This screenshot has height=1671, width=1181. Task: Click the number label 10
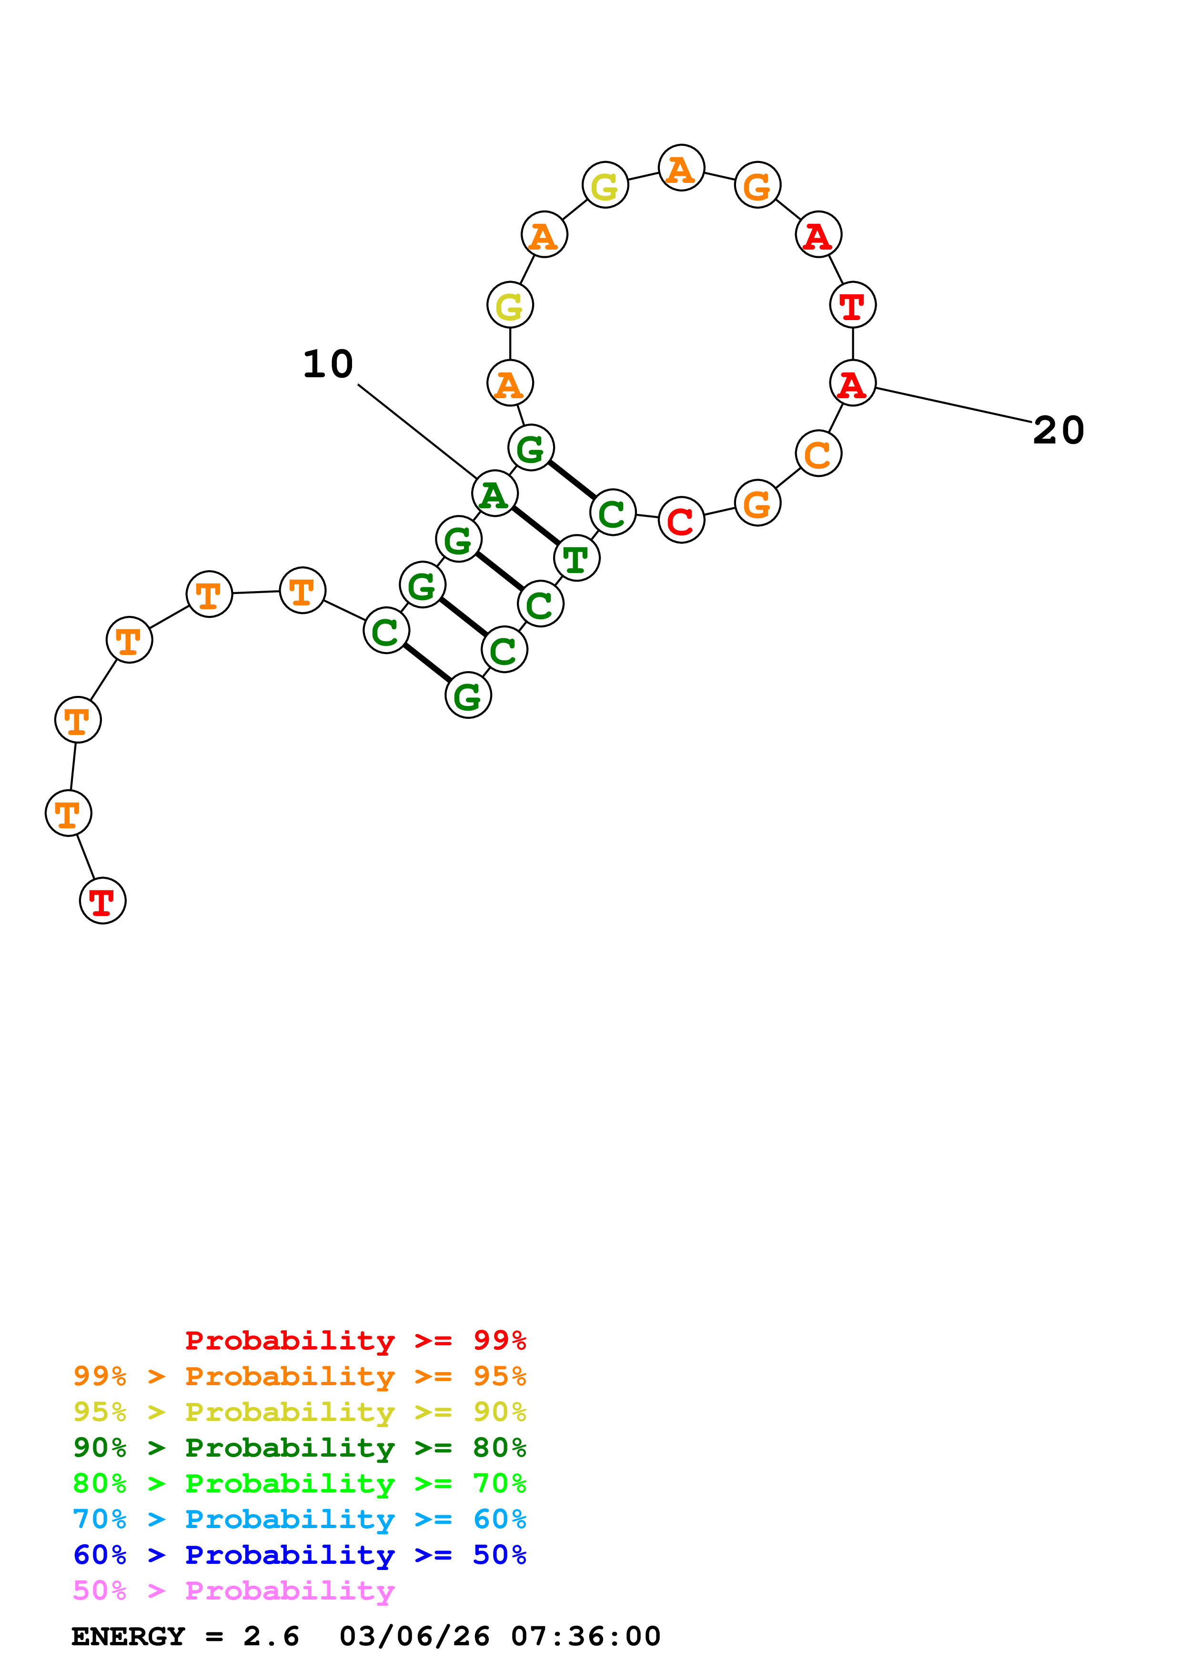(328, 364)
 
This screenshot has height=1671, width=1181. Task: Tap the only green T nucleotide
(576, 558)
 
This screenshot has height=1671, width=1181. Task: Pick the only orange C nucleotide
(818, 453)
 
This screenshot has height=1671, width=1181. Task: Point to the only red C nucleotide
(681, 520)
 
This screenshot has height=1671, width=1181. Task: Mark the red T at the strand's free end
(102, 901)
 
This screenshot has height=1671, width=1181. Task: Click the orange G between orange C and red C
(757, 503)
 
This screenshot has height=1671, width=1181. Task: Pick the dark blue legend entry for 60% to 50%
(299, 1555)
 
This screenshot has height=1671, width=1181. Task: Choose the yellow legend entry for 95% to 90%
(299, 1412)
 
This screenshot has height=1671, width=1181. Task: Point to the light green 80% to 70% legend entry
(299, 1483)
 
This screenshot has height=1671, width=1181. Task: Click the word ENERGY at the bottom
(128, 1637)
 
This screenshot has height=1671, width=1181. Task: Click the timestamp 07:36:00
(586, 1637)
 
